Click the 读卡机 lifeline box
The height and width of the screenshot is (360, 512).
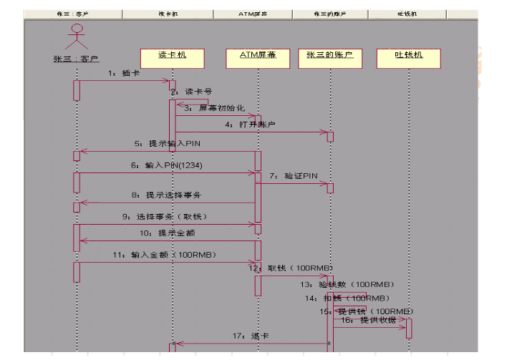click(x=173, y=55)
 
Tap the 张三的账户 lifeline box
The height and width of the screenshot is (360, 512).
click(x=329, y=55)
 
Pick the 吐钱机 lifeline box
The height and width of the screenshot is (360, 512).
click(x=409, y=55)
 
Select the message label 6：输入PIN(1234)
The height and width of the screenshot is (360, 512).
click(x=164, y=165)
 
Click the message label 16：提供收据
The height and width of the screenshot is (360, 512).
click(x=368, y=320)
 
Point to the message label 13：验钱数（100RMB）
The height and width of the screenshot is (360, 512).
click(x=347, y=284)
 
